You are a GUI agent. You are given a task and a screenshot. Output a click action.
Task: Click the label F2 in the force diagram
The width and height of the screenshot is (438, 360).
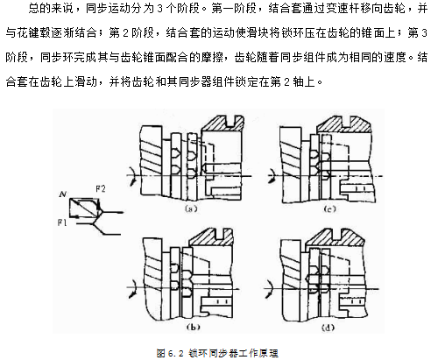(x=100, y=189)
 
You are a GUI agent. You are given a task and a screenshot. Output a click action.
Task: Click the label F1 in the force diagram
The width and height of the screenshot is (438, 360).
(x=62, y=222)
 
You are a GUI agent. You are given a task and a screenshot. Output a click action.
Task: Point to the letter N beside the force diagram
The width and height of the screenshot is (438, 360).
(x=62, y=194)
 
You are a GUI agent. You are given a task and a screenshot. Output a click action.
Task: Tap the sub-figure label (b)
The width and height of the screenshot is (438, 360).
(x=193, y=327)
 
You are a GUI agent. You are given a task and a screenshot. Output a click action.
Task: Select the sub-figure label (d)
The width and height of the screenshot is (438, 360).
(x=328, y=328)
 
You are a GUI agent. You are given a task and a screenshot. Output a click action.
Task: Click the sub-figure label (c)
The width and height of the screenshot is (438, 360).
(x=329, y=208)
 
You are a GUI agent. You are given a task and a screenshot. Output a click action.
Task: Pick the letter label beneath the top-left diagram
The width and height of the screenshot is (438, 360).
(x=191, y=208)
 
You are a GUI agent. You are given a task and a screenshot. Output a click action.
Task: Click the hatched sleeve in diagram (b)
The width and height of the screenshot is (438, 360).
(x=211, y=236)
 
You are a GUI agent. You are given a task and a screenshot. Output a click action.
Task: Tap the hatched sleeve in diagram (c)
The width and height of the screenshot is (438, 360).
(x=344, y=124)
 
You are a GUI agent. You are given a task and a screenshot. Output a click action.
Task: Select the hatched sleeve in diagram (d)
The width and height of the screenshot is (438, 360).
(x=335, y=237)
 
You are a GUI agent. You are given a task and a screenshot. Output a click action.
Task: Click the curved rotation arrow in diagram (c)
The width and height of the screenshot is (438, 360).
(x=273, y=175)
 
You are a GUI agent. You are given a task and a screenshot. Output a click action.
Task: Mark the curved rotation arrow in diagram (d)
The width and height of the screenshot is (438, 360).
(x=269, y=289)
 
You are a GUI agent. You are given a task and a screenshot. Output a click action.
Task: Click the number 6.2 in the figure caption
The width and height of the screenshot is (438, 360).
(x=176, y=353)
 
